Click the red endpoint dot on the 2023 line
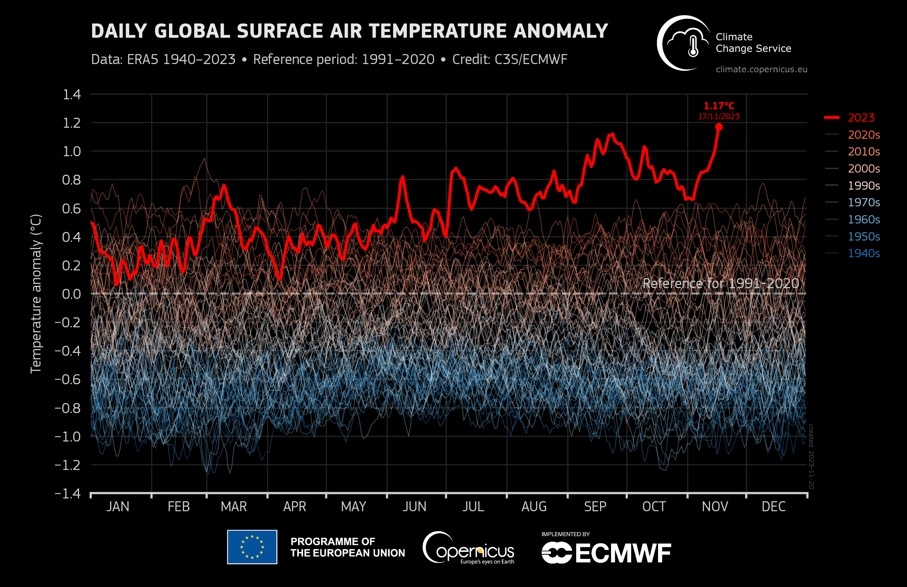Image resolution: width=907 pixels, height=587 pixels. tap(719, 127)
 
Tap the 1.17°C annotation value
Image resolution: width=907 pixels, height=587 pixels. tap(719, 106)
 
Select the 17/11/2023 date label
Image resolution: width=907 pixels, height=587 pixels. tap(719, 117)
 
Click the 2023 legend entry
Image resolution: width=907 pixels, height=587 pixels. tap(861, 118)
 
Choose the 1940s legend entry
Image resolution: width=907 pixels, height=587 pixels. tap(864, 253)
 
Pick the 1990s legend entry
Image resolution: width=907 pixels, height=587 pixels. tap(864, 186)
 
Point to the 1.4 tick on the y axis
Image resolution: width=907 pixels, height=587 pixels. tap(71, 95)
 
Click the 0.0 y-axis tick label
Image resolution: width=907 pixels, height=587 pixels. tap(71, 294)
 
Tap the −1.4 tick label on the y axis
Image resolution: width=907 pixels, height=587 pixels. tap(68, 494)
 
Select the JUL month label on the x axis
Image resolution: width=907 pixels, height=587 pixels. tap(473, 507)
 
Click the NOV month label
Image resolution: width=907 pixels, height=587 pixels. tap(715, 507)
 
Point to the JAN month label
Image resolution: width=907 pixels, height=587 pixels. tap(118, 507)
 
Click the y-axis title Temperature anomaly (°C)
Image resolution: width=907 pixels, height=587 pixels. tap(36, 293)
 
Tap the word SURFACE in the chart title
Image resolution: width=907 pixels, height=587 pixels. tap(280, 31)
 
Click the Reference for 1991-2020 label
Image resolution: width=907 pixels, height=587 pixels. tap(721, 283)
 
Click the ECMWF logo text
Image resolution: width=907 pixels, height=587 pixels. tap(623, 554)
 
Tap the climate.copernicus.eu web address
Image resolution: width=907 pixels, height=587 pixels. tap(762, 69)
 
